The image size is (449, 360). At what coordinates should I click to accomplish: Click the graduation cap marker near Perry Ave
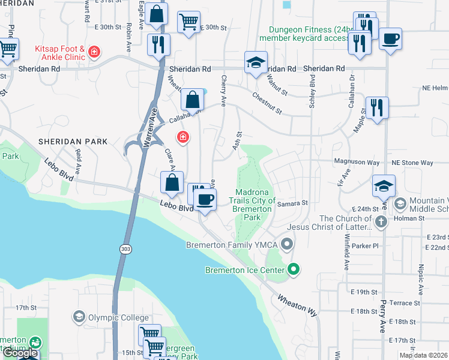tap(384, 186)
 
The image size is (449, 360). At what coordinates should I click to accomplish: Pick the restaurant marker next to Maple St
tap(377, 108)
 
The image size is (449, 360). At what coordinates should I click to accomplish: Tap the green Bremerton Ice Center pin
tap(294, 270)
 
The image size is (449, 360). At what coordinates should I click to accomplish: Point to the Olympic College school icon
tap(79, 316)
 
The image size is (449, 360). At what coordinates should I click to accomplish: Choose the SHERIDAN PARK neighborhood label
tap(73, 142)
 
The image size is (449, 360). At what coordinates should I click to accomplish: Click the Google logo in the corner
tap(20, 353)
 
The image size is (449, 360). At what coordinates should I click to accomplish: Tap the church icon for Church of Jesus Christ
tap(379, 223)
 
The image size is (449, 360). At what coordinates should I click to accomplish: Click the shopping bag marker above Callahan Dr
tap(193, 100)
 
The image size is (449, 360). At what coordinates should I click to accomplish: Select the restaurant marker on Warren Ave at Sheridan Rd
tap(159, 44)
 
